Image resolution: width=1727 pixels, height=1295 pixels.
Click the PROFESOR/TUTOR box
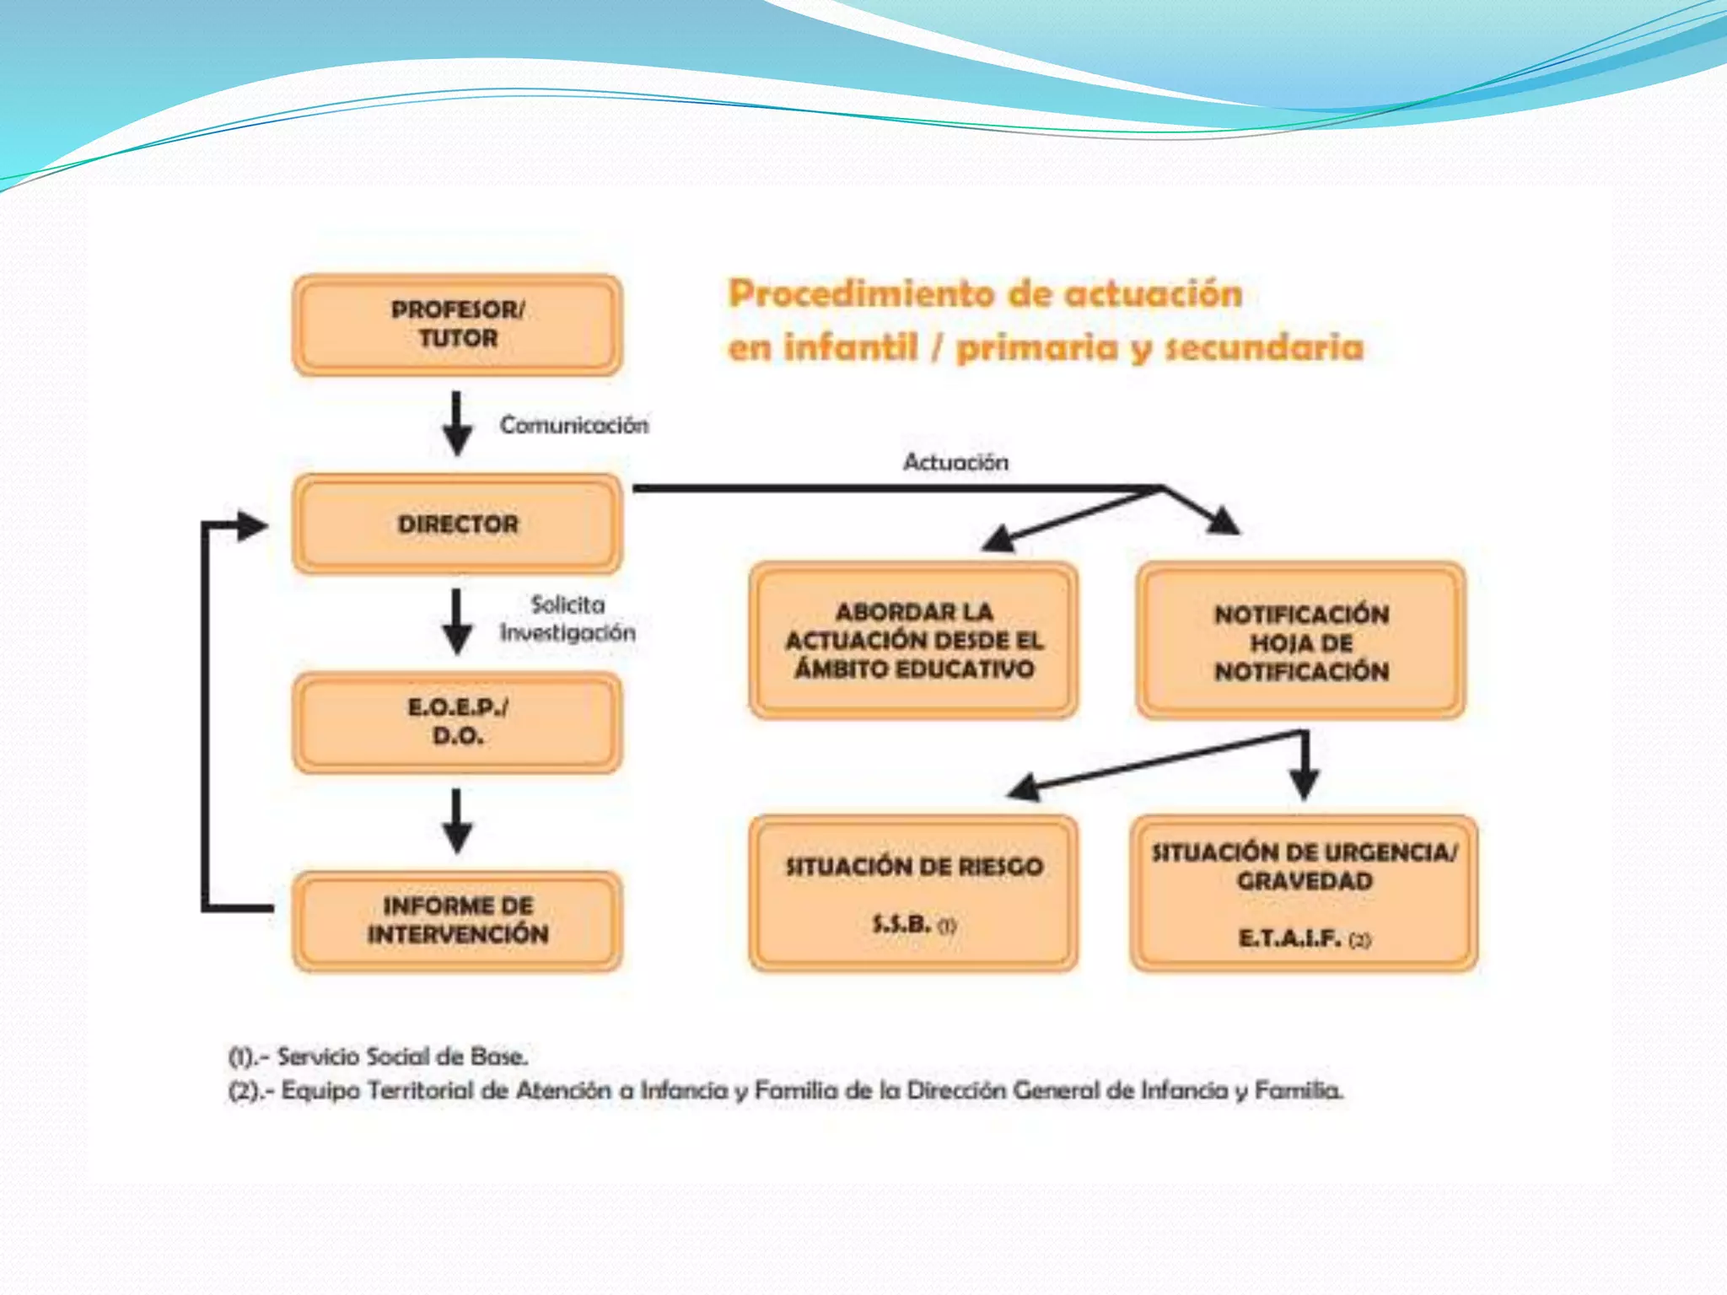pos(457,325)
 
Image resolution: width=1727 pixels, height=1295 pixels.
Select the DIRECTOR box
pos(457,524)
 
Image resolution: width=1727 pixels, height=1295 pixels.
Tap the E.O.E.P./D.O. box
pos(457,722)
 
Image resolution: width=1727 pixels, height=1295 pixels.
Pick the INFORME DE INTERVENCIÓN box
pos(457,920)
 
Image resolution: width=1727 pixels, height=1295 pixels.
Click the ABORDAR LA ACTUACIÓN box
pos(913,640)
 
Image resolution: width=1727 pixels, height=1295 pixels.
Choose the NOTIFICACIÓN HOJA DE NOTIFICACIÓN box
pos(1300,642)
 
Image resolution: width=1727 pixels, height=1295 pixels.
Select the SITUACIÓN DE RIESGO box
pos(913,893)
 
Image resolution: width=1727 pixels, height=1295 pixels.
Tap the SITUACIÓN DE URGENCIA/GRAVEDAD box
pos(1304,893)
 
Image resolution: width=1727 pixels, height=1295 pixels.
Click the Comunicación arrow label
pos(574,425)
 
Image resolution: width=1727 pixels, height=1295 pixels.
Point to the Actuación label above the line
pos(955,462)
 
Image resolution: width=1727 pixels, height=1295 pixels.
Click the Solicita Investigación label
pos(568,619)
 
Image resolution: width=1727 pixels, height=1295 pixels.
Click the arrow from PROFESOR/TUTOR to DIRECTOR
pos(457,423)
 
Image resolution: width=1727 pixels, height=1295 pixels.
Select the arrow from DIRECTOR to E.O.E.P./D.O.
pos(457,621)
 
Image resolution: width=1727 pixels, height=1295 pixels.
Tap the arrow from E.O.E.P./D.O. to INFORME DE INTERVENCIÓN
pos(457,821)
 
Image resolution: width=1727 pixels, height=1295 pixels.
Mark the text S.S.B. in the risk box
pos(902,924)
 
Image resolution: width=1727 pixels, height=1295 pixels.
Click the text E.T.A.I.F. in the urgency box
pos(1290,938)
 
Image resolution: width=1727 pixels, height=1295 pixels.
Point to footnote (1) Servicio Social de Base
pos(379,1056)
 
